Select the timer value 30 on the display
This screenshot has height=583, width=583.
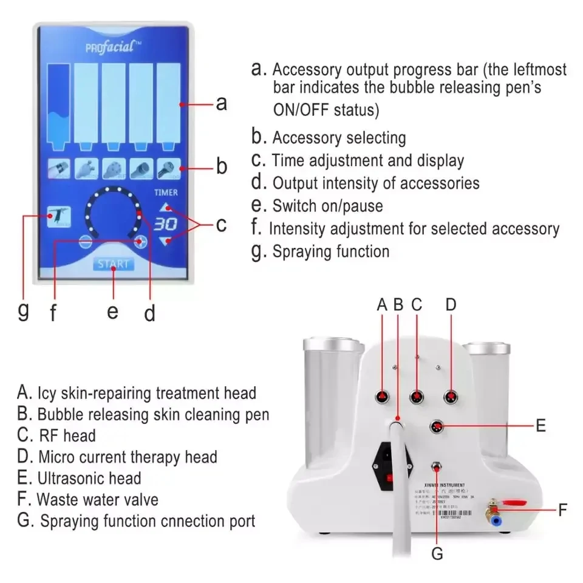pyautogui.click(x=165, y=224)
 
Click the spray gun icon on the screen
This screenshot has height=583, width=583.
pyautogui.click(x=60, y=217)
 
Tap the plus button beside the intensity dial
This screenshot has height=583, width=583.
pyautogui.click(x=141, y=240)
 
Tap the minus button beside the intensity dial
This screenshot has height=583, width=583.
pyautogui.click(x=86, y=240)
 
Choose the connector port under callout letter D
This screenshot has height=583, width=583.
pyautogui.click(x=450, y=398)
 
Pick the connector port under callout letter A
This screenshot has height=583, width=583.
pyautogui.click(x=383, y=398)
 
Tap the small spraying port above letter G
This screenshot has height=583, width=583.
pyautogui.click(x=436, y=468)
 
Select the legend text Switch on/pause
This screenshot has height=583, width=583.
pyautogui.click(x=328, y=206)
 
